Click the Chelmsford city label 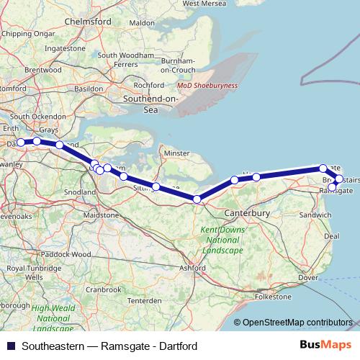[88, 22]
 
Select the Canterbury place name [247, 214]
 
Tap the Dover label [307, 277]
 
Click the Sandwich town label [316, 215]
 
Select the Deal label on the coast [332, 235]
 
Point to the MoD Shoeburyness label [209, 85]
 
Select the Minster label [176, 153]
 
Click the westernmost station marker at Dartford [21, 143]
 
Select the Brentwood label [24, 70]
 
